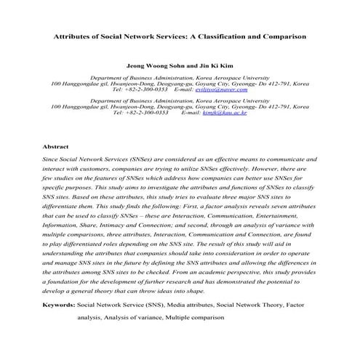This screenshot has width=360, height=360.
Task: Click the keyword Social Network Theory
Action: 259,306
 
